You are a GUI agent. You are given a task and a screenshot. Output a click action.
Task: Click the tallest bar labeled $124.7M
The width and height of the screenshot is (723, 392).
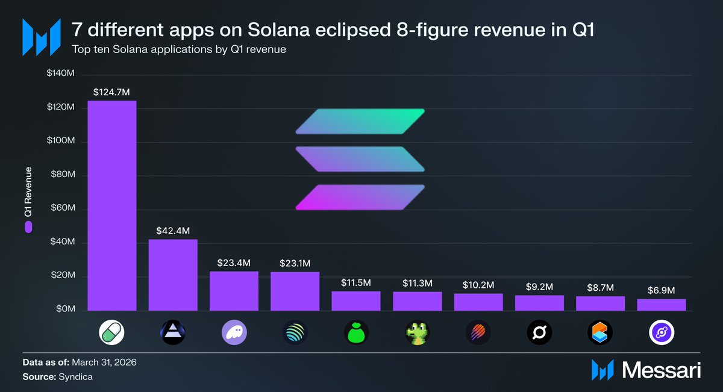click(x=111, y=205)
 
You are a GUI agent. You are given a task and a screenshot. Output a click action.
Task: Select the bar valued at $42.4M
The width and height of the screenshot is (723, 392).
click(x=173, y=275)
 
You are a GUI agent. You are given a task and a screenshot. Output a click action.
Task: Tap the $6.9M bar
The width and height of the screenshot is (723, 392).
click(x=661, y=305)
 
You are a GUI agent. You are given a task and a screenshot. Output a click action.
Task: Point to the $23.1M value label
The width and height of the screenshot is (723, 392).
click(x=295, y=263)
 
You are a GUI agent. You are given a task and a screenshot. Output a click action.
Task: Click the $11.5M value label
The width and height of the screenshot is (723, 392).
click(x=355, y=282)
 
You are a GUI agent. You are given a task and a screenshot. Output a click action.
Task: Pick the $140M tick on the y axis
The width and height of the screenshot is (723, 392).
click(x=60, y=73)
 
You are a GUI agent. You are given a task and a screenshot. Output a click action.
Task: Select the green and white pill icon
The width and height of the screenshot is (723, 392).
click(x=112, y=332)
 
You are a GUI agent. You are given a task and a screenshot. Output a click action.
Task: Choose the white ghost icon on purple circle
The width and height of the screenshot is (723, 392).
click(x=234, y=332)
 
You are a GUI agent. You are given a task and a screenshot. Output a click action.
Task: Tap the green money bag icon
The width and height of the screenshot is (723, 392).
click(x=355, y=332)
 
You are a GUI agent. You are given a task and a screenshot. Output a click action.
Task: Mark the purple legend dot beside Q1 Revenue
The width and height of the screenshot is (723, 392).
click(x=28, y=227)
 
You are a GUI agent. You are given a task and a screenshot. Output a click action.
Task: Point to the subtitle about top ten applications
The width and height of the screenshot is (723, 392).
click(x=178, y=49)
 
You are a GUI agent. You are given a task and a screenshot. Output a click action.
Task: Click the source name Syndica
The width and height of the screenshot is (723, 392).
click(x=75, y=376)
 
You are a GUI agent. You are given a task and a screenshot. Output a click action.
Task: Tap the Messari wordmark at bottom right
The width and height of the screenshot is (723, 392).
click(x=661, y=370)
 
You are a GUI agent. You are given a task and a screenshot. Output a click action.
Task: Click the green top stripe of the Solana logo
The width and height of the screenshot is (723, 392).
click(x=360, y=121)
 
